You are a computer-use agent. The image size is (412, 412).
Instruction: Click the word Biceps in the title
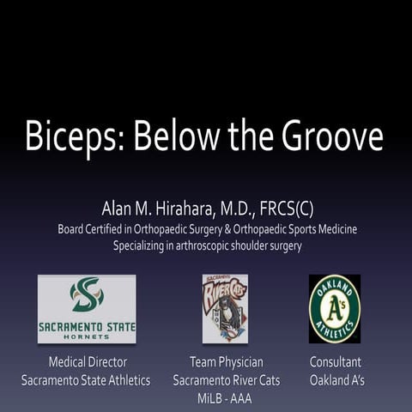(73, 137)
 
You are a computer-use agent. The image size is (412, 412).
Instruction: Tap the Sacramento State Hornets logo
(87, 308)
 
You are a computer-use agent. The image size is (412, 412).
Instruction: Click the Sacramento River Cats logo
(225, 308)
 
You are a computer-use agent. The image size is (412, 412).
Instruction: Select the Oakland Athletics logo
(334, 308)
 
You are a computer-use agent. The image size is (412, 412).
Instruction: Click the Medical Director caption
(87, 362)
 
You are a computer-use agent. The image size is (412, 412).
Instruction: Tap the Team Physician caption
(226, 362)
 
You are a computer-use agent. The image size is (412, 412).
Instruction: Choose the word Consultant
(336, 362)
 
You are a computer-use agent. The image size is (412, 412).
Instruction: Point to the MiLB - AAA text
(225, 396)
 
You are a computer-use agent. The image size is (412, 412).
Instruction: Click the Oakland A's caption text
(336, 379)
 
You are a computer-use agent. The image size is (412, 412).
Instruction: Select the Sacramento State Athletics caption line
(87, 379)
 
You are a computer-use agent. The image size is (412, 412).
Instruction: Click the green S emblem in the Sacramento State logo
(87, 295)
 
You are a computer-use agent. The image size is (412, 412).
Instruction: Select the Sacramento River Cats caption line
(225, 379)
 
